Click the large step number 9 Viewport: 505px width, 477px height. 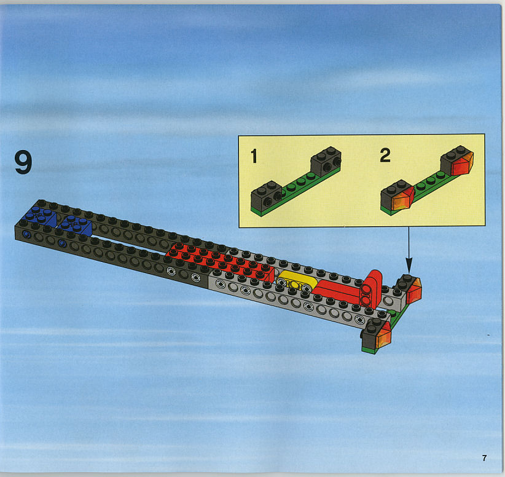point(23,163)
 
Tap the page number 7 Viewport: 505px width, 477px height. point(484,458)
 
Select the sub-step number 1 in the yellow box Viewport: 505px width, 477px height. point(254,156)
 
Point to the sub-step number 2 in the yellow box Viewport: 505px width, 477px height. point(385,156)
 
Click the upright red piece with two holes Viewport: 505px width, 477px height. point(371,289)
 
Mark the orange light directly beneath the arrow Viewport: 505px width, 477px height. point(413,291)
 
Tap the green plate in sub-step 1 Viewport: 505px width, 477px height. point(295,190)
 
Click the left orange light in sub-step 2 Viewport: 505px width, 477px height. point(402,197)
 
